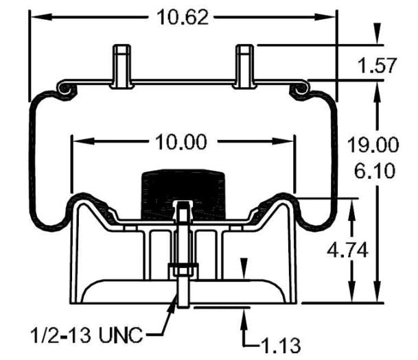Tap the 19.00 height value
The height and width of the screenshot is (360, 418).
pos(378,145)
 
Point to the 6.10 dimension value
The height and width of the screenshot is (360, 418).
pos(378,169)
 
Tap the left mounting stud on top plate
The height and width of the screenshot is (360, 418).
pos(121,64)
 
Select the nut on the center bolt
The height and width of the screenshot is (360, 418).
pos(183,268)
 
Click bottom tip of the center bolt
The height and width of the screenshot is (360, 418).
pos(183,306)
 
